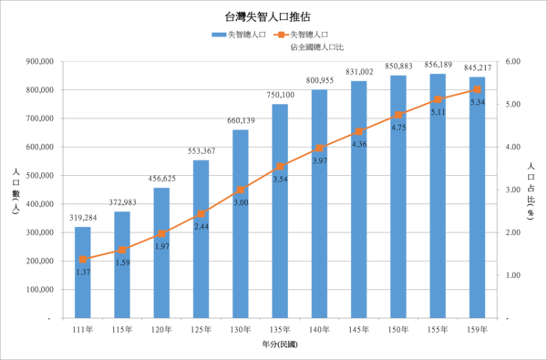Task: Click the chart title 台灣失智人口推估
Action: click(273, 17)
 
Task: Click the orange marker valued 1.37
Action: click(83, 260)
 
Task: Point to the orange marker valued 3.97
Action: click(319, 149)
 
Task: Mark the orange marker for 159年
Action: click(477, 89)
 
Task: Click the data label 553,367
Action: click(201, 150)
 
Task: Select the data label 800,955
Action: click(319, 80)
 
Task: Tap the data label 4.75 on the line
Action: click(398, 128)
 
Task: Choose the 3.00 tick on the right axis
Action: click(511, 190)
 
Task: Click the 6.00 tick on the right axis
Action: click(511, 62)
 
